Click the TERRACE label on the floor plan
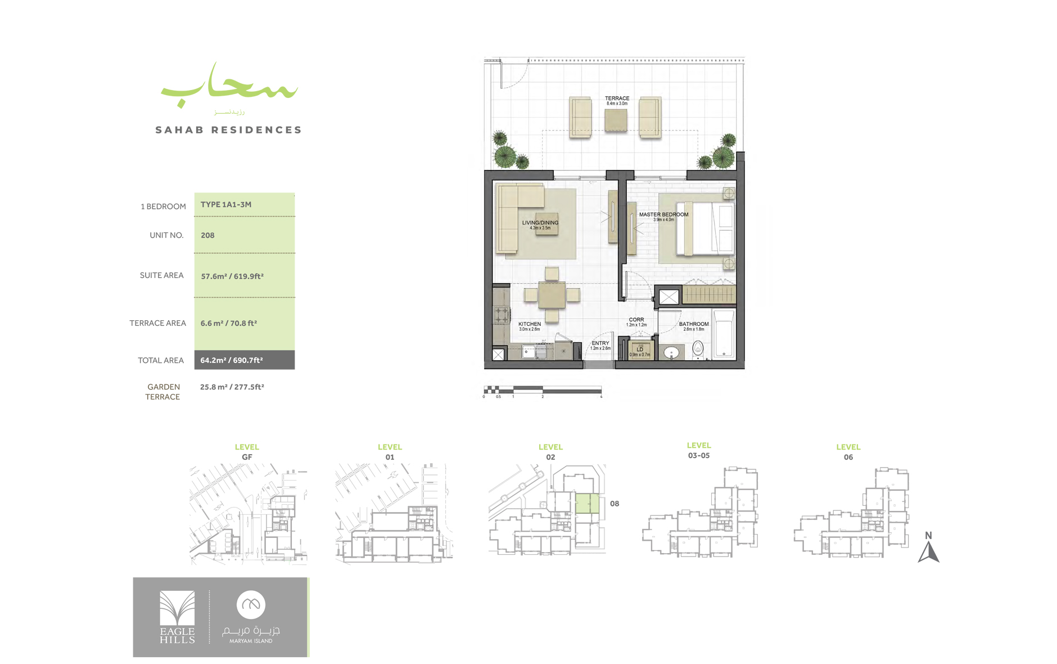click(x=617, y=99)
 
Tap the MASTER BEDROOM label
click(x=663, y=215)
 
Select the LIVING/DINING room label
click(x=540, y=223)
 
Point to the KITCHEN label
click(x=529, y=325)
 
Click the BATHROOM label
click(x=693, y=325)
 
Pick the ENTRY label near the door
click(x=600, y=344)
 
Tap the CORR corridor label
click(x=636, y=320)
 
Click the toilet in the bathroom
click(x=698, y=348)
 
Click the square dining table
click(x=552, y=295)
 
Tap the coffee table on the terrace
click(x=616, y=120)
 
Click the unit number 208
click(x=207, y=236)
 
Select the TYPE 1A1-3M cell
click(x=226, y=205)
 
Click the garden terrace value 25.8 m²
click(x=232, y=387)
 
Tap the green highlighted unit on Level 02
click(x=587, y=503)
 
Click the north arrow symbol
click(x=928, y=551)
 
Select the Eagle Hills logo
click(x=177, y=617)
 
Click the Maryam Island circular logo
click(x=251, y=605)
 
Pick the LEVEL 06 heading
click(x=848, y=452)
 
